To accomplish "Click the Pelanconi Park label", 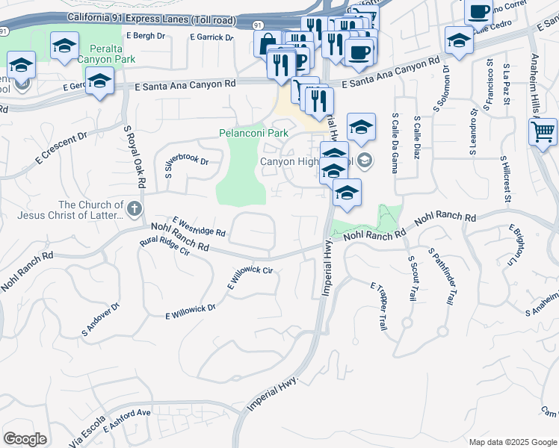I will (x=253, y=133).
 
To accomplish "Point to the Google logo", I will (x=25, y=438).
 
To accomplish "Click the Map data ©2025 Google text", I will (x=513, y=442).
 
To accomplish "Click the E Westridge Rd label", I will (x=198, y=226).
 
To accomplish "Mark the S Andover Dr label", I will (x=101, y=319).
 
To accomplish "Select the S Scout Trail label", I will (x=411, y=278).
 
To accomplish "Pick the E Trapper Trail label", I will (x=379, y=306).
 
